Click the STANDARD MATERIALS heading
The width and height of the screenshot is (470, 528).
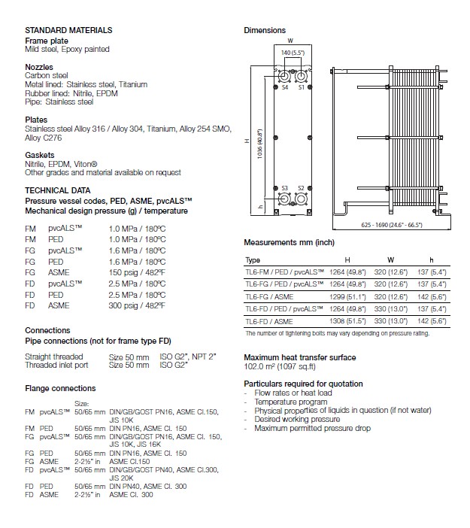click(x=68, y=30)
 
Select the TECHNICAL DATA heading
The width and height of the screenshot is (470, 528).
click(x=58, y=190)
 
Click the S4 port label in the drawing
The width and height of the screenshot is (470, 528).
click(x=285, y=88)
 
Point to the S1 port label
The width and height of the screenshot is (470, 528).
click(x=301, y=88)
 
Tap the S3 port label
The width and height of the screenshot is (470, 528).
click(x=285, y=187)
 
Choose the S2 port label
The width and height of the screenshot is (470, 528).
click(x=301, y=187)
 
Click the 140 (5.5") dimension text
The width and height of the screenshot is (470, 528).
click(x=293, y=53)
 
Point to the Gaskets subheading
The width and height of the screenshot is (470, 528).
click(x=38, y=155)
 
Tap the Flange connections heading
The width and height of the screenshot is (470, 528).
click(x=60, y=388)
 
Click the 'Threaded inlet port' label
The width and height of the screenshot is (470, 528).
click(x=56, y=365)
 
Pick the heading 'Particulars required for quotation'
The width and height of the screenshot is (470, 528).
click(x=304, y=384)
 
